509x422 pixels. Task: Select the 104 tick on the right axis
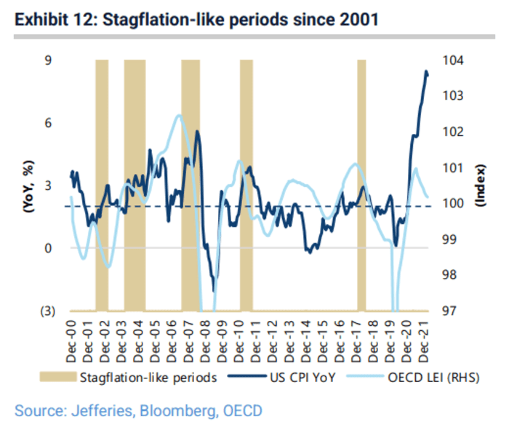point(452,60)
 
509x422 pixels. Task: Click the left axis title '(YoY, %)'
point(28,186)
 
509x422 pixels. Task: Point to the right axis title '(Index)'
point(481,186)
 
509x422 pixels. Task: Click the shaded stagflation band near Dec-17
point(361,182)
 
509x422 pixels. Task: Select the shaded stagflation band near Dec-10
point(247,182)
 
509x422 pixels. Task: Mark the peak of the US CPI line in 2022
point(426,71)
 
